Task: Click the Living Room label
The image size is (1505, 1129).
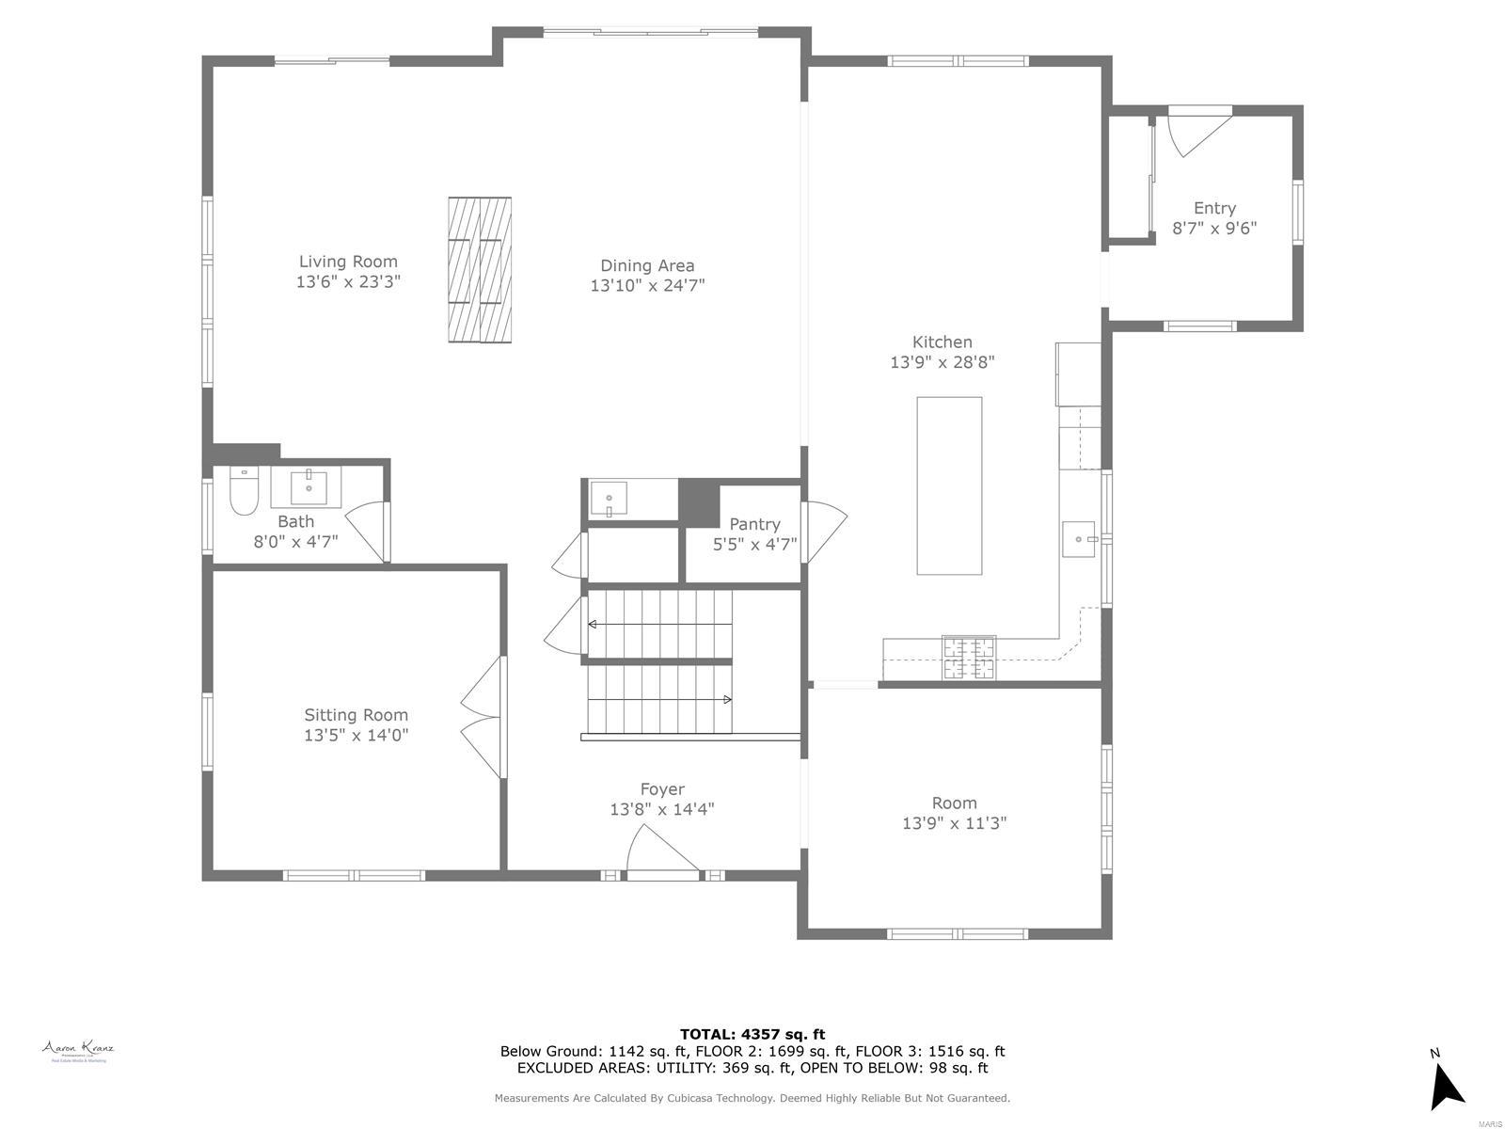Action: click(348, 262)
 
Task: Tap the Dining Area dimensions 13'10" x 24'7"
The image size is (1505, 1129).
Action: click(647, 285)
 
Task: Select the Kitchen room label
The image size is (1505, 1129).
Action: click(942, 342)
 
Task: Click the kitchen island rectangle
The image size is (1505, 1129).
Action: click(949, 485)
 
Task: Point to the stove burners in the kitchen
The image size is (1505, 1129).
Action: click(969, 657)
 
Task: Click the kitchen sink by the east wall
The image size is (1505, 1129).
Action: click(1079, 539)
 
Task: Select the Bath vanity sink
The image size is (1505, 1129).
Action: click(308, 488)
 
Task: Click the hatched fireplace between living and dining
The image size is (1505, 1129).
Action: click(480, 271)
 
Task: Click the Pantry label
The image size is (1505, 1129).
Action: click(754, 524)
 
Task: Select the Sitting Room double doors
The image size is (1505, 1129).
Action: click(482, 717)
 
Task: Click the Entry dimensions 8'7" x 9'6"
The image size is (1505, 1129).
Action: click(1213, 228)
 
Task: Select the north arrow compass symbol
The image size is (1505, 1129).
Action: click(1445, 1088)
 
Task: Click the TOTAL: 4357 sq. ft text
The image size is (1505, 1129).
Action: click(752, 1034)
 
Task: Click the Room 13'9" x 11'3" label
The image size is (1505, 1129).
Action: click(954, 813)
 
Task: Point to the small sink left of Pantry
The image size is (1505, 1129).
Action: click(609, 498)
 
